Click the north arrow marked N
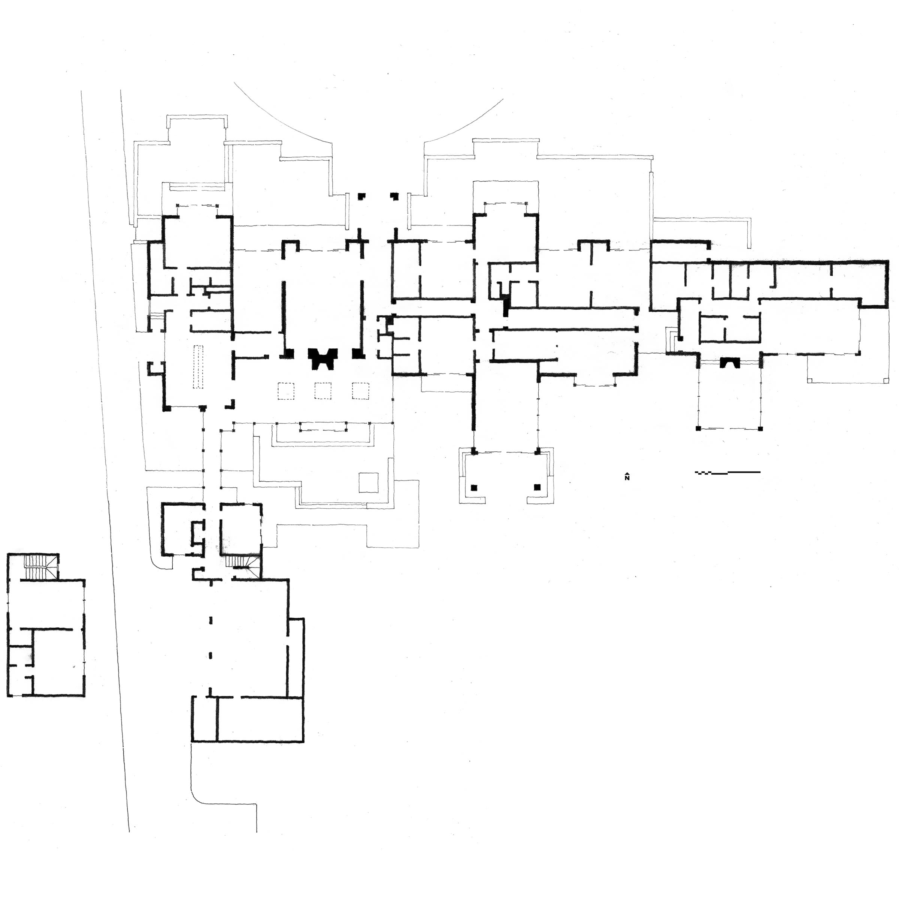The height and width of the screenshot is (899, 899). click(627, 477)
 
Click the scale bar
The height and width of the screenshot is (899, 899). click(727, 473)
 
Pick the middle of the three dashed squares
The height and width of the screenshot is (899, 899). click(323, 390)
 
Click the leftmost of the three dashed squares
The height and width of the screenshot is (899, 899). click(286, 390)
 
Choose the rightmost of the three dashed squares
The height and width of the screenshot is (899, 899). click(360, 390)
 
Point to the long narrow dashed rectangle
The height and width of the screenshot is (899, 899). click(199, 366)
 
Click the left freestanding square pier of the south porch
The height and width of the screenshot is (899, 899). click(474, 487)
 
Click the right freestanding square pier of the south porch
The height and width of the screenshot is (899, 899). click(537, 487)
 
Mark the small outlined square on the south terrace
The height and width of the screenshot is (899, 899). click(369, 482)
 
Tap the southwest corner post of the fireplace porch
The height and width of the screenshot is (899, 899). click(699, 428)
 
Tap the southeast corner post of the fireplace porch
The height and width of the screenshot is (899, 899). click(760, 428)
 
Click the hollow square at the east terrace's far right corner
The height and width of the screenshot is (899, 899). click(886, 381)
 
